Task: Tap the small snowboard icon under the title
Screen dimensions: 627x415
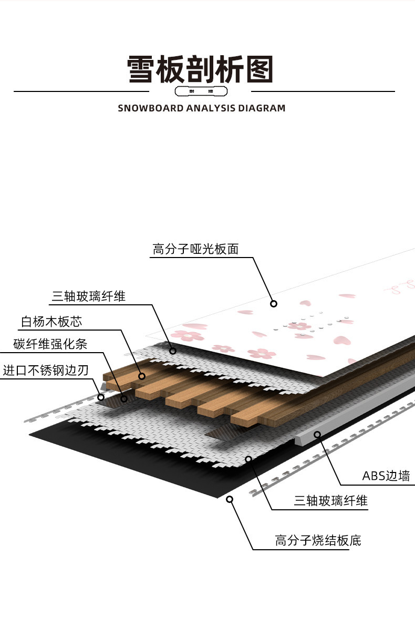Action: (x=202, y=92)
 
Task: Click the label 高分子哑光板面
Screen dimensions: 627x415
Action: (x=195, y=249)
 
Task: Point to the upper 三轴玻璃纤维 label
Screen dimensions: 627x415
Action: (x=88, y=296)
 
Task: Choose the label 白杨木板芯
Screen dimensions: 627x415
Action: (x=51, y=321)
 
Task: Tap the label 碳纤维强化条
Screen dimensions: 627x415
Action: (x=50, y=345)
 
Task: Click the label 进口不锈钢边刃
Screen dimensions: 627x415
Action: (x=46, y=370)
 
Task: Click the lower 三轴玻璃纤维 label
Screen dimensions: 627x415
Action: (x=330, y=501)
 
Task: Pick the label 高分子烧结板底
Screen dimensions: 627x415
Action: (x=318, y=540)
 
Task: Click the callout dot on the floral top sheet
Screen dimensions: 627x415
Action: (x=273, y=303)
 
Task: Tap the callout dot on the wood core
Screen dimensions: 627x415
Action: (x=141, y=376)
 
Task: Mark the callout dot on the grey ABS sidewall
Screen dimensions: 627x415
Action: (x=317, y=434)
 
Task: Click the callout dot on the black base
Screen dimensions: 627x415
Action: (x=229, y=499)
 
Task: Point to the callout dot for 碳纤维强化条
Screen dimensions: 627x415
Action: (x=124, y=399)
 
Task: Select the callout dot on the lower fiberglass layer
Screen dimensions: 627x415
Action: (x=248, y=459)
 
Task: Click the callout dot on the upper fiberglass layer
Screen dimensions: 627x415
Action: (x=173, y=350)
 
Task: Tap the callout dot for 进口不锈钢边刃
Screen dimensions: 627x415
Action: (x=101, y=397)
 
